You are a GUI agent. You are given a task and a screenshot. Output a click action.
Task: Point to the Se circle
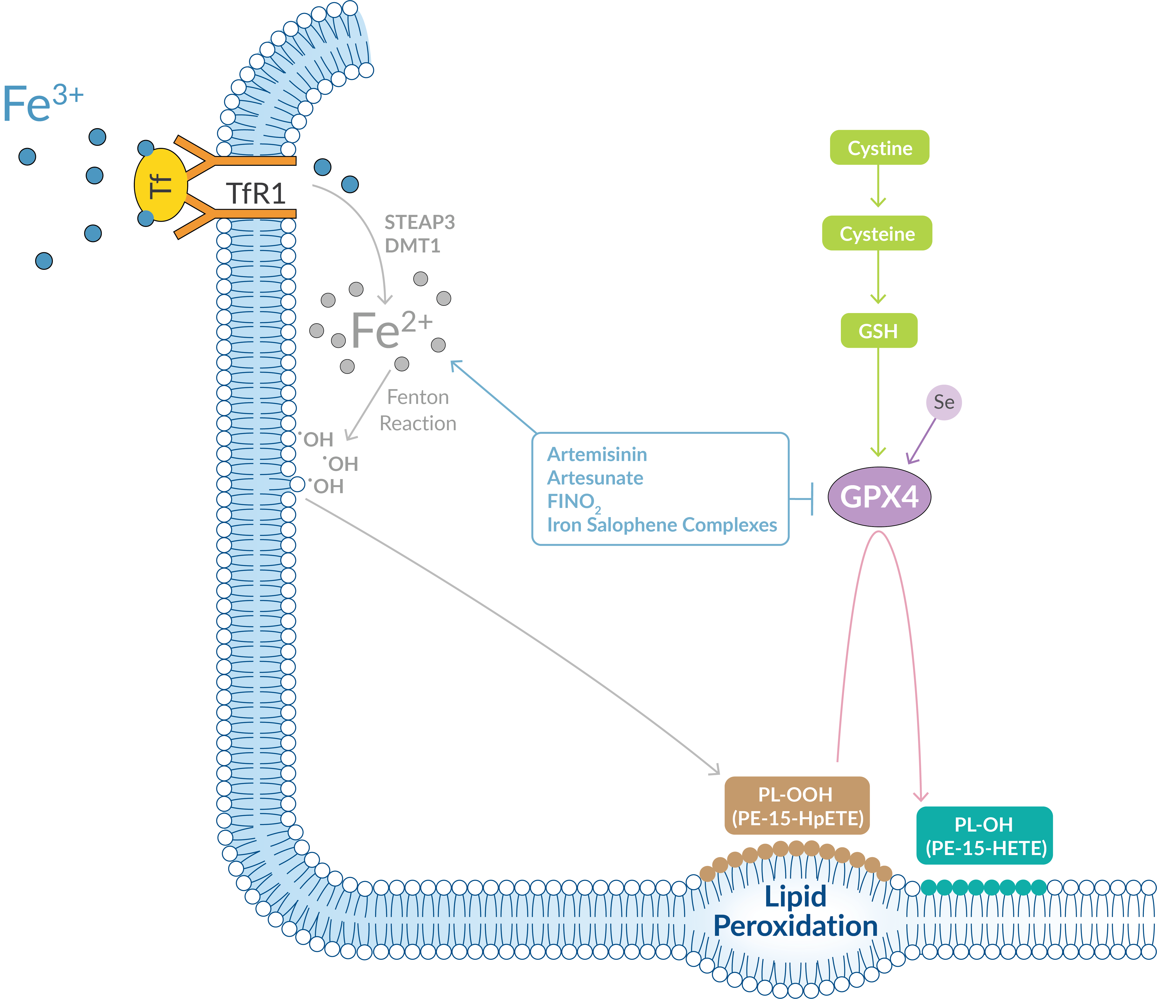pos(944,402)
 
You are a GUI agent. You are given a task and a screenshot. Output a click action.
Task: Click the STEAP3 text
pos(419,222)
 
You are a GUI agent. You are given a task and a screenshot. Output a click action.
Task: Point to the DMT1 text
pos(412,246)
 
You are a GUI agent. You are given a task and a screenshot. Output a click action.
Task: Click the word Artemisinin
pos(597,454)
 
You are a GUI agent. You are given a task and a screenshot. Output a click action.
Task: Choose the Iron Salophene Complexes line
pos(662,525)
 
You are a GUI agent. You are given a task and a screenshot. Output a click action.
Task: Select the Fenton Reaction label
pos(418,410)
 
